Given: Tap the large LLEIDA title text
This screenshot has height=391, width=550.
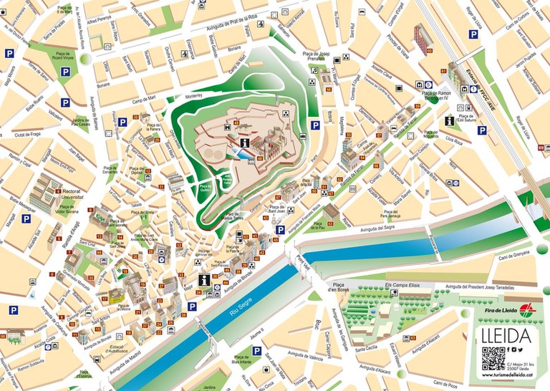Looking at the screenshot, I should (x=508, y=336).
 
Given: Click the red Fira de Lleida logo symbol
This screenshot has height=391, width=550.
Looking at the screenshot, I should (x=527, y=309).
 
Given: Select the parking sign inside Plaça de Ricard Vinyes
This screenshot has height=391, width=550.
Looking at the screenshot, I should (x=65, y=72).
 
